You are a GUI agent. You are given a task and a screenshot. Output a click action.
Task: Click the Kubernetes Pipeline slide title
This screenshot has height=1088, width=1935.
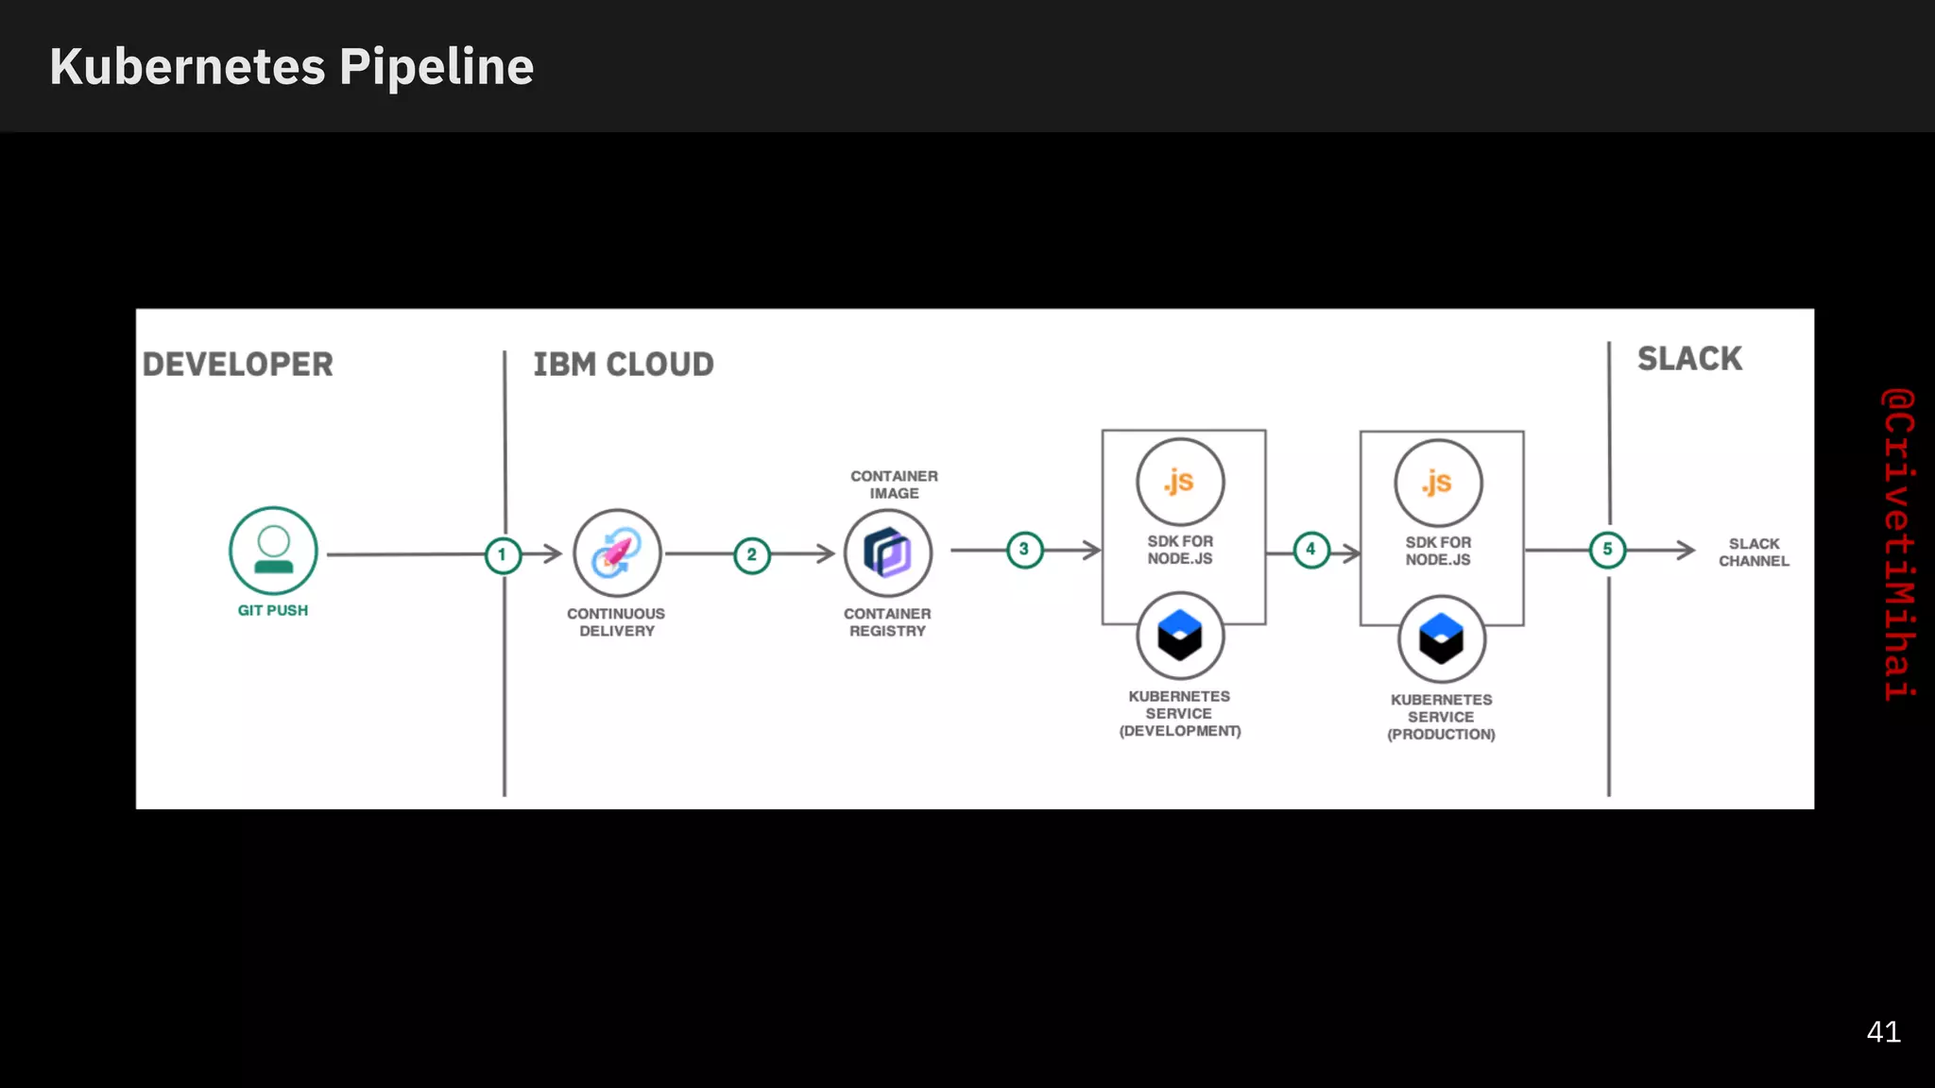pos(291,67)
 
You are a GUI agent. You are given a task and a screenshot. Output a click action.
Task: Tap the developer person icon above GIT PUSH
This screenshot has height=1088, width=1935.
pos(273,551)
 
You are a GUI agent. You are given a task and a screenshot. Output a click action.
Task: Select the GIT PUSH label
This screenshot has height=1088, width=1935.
pos(273,611)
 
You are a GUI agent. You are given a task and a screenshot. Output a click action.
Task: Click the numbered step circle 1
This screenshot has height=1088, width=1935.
pos(503,555)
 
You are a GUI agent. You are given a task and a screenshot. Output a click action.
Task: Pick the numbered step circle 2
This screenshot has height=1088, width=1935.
pos(752,555)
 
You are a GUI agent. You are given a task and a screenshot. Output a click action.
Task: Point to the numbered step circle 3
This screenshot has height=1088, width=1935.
pos(1024,550)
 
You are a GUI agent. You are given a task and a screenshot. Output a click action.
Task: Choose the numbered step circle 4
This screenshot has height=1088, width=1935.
pos(1310,550)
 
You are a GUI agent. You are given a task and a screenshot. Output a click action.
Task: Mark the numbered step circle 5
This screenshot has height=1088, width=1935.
pos(1607,550)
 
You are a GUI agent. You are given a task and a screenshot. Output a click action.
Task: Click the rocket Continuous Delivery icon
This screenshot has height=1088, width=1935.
pos(617,553)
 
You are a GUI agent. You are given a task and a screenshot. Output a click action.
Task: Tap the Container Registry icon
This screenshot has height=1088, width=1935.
pos(887,553)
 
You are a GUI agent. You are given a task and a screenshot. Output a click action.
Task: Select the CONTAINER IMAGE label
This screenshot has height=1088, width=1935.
pos(894,484)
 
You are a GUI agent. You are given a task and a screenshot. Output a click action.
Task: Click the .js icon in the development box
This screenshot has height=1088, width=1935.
pos(1180,482)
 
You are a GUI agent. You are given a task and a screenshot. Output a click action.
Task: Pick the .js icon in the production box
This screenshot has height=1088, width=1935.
pos(1438,483)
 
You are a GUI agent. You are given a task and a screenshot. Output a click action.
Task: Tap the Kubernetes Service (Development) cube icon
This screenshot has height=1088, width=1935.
pos(1180,636)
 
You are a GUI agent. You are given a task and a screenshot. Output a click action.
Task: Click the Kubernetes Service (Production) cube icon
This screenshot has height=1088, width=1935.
pos(1441,639)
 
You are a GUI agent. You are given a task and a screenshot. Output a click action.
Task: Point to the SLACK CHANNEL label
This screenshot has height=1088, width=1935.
pos(1754,552)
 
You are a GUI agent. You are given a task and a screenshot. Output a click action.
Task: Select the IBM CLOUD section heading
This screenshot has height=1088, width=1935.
pos(624,365)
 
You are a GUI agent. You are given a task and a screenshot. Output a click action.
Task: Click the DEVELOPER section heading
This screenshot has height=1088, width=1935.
pos(238,365)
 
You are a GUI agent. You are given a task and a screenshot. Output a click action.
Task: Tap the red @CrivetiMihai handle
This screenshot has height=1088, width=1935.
pos(1898,544)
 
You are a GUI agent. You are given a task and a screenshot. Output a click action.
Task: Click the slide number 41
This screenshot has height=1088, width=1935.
pos(1883,1032)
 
